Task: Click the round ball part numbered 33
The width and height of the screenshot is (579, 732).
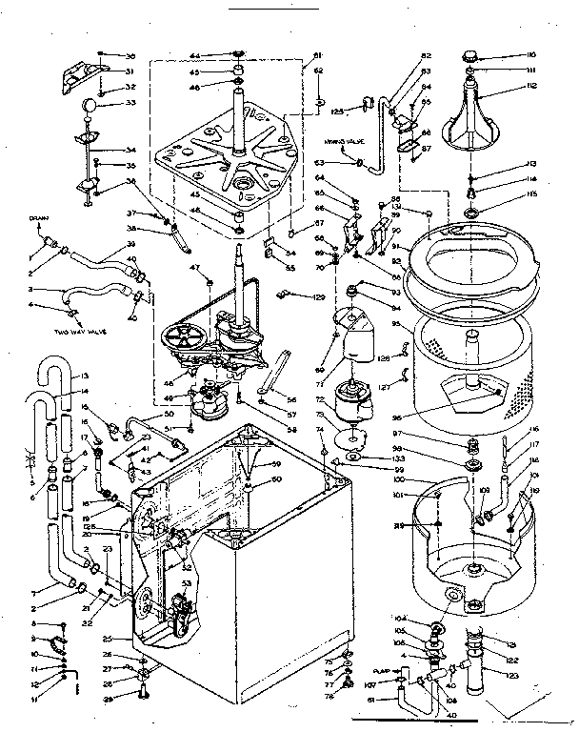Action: click(89, 104)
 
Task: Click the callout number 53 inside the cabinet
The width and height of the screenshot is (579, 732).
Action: click(187, 581)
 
